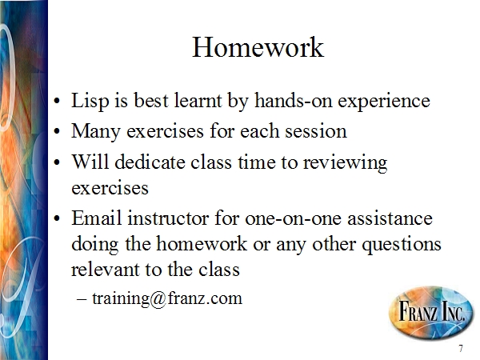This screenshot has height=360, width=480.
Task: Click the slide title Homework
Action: pos(258,47)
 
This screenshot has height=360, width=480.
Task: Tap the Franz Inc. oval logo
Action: pos(430,313)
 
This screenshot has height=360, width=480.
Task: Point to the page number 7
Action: pos(461,348)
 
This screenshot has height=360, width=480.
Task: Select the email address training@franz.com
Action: pos(167,298)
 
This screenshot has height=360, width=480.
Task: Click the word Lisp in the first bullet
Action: pos(90,101)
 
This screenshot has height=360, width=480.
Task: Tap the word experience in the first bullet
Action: pos(384,102)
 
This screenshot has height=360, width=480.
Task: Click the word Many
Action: pos(95,132)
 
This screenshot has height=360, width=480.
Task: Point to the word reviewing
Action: pos(345,163)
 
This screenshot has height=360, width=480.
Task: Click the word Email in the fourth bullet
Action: pos(97,218)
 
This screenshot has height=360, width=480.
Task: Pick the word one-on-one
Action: pos(293,218)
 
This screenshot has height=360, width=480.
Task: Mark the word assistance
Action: pos(390,218)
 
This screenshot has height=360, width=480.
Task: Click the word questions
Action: pos(402,245)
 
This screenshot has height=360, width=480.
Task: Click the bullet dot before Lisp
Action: pos(56,101)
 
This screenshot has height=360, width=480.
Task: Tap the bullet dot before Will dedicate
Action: pos(56,162)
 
